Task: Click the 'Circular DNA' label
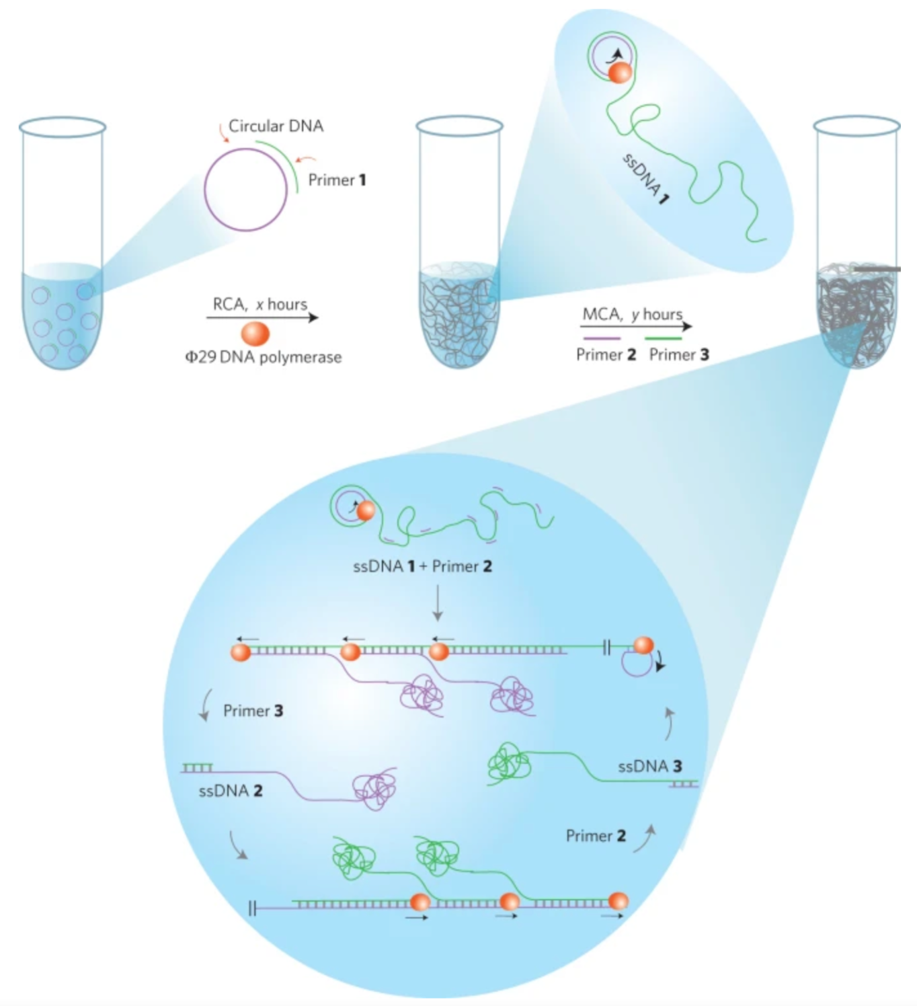(276, 126)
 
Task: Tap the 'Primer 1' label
(337, 180)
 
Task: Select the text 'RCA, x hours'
(260, 304)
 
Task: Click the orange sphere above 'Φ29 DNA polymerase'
(255, 334)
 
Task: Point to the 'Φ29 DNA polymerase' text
(264, 357)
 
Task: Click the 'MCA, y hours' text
(632, 314)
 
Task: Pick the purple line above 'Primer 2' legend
(602, 338)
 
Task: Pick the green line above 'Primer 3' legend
(663, 338)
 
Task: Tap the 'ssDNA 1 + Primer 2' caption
(422, 566)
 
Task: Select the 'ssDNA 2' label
(231, 791)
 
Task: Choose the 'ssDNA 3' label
(649, 766)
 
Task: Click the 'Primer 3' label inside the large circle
(253, 711)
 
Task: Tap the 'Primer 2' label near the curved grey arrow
(596, 836)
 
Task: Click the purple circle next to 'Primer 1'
(246, 190)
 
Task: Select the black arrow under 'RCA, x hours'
(262, 317)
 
